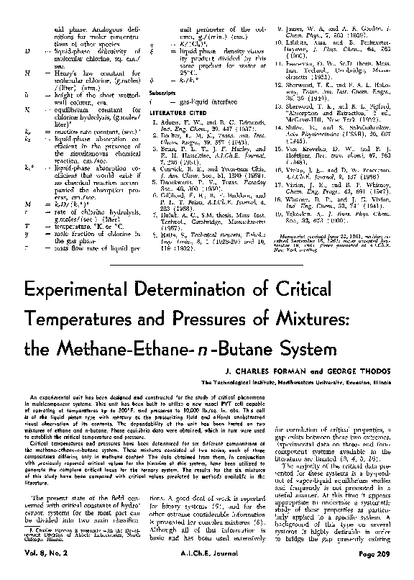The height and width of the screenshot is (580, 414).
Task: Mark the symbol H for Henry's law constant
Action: click(x=26, y=73)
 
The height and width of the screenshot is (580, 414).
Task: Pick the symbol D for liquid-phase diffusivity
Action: click(x=26, y=53)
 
